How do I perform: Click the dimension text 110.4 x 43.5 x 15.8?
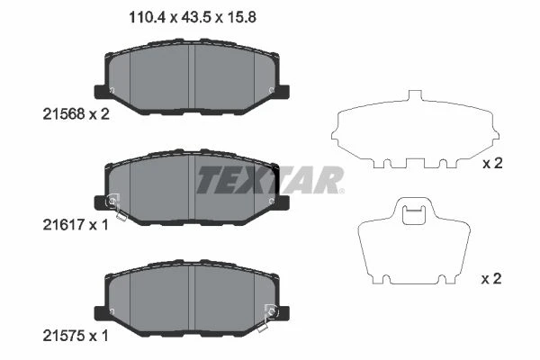(193, 17)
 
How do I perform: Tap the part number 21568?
(63, 113)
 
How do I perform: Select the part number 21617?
(63, 225)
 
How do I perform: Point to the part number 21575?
(63, 336)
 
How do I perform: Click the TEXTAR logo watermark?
(270, 180)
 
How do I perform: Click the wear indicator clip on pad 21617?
(116, 206)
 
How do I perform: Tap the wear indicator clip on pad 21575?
(267, 318)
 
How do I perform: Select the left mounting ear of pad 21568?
(100, 92)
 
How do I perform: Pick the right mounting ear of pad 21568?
(284, 92)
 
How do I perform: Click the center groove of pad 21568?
(192, 76)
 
